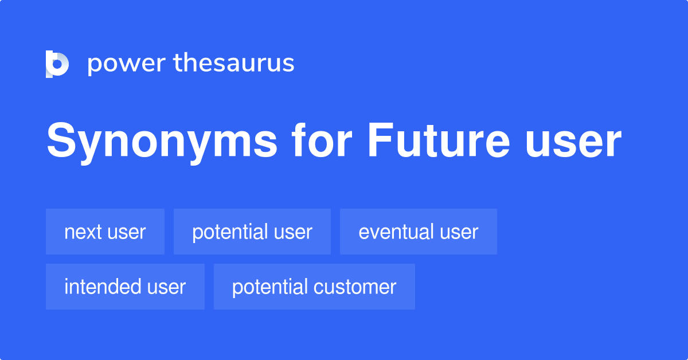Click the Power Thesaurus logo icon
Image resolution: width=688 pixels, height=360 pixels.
[57, 64]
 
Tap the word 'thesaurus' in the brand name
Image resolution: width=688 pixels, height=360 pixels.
[234, 64]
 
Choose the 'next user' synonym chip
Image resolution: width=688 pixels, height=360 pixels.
[105, 232]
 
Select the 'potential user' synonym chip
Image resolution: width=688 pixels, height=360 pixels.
[252, 232]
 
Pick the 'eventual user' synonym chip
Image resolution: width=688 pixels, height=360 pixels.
[419, 232]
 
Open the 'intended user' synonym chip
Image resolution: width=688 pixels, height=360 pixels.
[125, 287]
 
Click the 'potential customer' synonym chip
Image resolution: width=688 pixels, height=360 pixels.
[314, 287]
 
